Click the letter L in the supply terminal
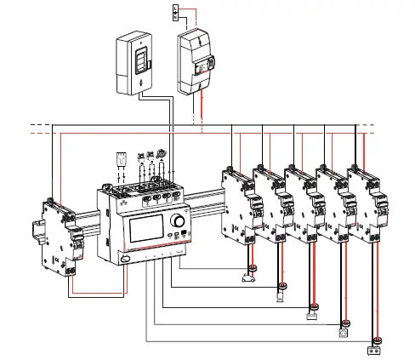175,9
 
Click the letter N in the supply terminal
175,16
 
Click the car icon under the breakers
250,278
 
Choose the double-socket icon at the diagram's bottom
372,349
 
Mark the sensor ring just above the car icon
253,267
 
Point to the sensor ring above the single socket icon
345,323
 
